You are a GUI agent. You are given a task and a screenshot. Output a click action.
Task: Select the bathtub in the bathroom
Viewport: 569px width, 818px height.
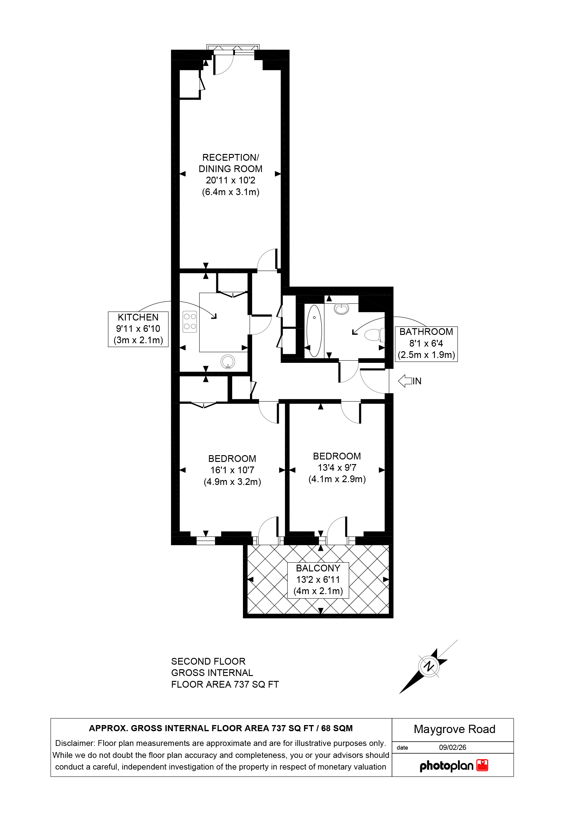point(314,330)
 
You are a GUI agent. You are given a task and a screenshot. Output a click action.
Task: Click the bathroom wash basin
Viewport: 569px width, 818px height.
point(341,308)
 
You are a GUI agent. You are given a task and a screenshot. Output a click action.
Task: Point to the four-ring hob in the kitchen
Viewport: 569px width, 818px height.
point(190,322)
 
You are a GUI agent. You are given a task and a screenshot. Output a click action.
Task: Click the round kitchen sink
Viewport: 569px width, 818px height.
point(228,362)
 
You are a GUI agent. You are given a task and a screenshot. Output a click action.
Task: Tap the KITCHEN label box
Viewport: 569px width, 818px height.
point(138,329)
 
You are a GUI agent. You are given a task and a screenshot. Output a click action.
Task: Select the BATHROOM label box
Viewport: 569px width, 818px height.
point(426,344)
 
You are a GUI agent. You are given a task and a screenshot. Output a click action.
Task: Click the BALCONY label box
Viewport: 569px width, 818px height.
point(318,580)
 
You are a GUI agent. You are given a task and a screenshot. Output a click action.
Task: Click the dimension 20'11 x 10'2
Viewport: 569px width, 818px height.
point(231,180)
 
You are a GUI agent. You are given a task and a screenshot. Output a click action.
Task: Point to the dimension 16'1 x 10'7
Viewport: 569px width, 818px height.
point(232,470)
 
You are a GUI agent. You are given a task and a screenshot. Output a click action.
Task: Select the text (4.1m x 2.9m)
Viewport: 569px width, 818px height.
point(337,479)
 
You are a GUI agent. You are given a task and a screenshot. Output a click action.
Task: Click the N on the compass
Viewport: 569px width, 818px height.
point(429,666)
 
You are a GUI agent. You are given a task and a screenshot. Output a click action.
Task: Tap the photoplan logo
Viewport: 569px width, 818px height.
point(453,766)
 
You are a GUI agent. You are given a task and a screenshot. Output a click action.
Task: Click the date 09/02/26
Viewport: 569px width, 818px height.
point(452,747)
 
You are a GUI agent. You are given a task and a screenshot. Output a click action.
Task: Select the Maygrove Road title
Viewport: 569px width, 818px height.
point(454,729)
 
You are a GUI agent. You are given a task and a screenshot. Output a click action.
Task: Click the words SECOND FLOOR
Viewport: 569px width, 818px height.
point(208,661)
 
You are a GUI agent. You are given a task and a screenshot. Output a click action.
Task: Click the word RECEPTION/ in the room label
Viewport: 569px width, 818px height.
point(231,157)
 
